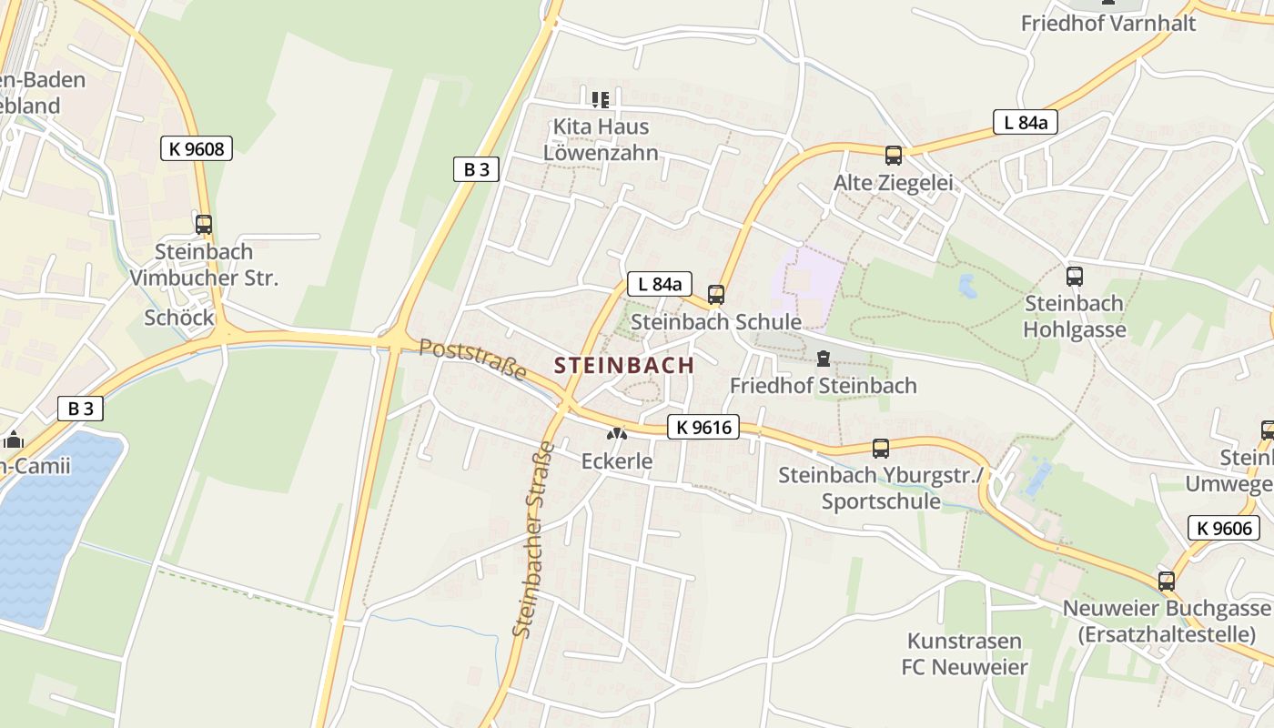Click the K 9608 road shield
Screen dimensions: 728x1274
coord(196,148)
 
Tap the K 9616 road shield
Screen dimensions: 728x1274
coord(703,427)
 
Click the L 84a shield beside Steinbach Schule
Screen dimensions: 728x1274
coord(660,284)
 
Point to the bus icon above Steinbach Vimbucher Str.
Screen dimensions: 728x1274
coord(204,224)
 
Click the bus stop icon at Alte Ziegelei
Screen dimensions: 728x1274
coord(893,155)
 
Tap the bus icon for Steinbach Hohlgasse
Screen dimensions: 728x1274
coord(1074,276)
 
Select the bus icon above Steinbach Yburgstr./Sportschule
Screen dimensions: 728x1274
coord(880,448)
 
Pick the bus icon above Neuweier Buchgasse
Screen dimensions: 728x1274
coord(1166,581)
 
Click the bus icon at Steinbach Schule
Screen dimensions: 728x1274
coord(716,294)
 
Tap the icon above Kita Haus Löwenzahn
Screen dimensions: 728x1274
coord(600,98)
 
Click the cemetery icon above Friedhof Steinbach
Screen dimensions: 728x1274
coord(824,359)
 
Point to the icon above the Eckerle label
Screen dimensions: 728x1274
coord(617,435)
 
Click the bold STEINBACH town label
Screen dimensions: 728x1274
coord(624,366)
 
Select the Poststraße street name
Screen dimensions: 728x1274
coord(473,359)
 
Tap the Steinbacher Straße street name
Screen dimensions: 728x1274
coord(533,539)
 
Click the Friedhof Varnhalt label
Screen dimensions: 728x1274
coord(1107,24)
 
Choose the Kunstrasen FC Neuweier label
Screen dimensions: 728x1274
coord(965,653)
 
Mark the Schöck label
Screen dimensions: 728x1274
coord(179,318)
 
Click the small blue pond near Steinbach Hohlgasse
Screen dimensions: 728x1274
coord(966,287)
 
